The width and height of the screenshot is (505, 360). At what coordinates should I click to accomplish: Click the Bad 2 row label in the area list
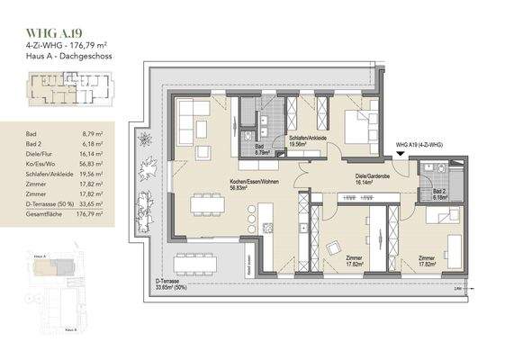(x=35, y=143)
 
